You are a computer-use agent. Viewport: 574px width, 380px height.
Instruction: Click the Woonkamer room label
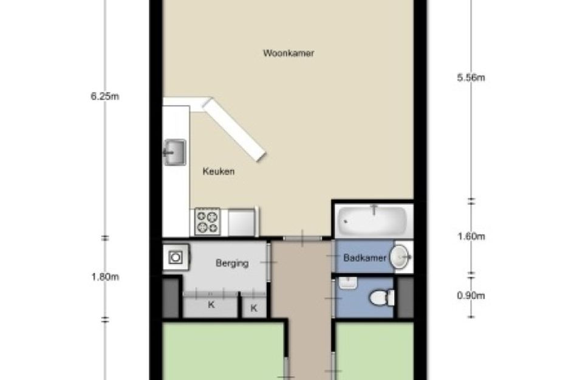[289, 53]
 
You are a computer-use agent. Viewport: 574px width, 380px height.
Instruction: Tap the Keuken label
[219, 171]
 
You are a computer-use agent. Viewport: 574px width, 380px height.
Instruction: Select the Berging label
[232, 263]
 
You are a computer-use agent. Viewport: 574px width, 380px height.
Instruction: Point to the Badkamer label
[364, 258]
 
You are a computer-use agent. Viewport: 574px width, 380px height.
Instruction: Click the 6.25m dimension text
[104, 97]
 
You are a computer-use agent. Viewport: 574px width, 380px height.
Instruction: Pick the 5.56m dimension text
[471, 78]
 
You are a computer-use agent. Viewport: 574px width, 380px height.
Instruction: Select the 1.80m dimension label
[105, 277]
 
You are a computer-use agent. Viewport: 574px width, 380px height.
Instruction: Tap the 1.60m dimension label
[471, 237]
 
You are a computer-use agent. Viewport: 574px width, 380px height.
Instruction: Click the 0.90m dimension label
[471, 295]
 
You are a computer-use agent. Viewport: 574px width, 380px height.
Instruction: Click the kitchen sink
[174, 152]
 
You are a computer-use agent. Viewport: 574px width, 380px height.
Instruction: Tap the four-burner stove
[207, 221]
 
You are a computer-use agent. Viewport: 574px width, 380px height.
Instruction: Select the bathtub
[372, 221]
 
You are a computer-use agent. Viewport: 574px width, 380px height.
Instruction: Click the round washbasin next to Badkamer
[399, 257]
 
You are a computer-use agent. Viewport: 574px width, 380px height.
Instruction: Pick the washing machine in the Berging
[176, 257]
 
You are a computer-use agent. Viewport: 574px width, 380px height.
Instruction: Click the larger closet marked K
[211, 305]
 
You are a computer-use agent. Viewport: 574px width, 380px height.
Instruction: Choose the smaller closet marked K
[254, 306]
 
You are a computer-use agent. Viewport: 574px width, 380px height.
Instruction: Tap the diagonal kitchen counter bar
[234, 130]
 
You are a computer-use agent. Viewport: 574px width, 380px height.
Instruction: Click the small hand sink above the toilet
[348, 283]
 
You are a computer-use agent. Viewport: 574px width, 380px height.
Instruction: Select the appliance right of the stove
[242, 222]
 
